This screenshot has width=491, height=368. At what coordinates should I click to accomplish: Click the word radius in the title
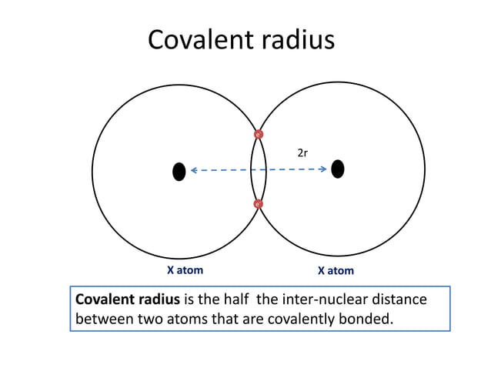click(296, 40)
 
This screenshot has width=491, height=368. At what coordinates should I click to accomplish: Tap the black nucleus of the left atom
click(179, 171)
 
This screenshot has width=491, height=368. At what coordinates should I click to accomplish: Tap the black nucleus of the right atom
click(337, 169)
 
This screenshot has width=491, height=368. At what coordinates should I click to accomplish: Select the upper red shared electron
click(259, 135)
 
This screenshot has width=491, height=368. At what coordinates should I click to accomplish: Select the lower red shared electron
click(258, 204)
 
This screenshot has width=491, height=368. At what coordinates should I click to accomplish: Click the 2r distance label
click(302, 153)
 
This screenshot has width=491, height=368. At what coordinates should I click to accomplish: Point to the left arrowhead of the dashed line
click(194, 170)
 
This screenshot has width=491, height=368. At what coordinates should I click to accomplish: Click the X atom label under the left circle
click(185, 270)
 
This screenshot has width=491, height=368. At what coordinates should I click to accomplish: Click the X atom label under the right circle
click(336, 271)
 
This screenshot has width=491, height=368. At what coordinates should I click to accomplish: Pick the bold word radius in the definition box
click(159, 299)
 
